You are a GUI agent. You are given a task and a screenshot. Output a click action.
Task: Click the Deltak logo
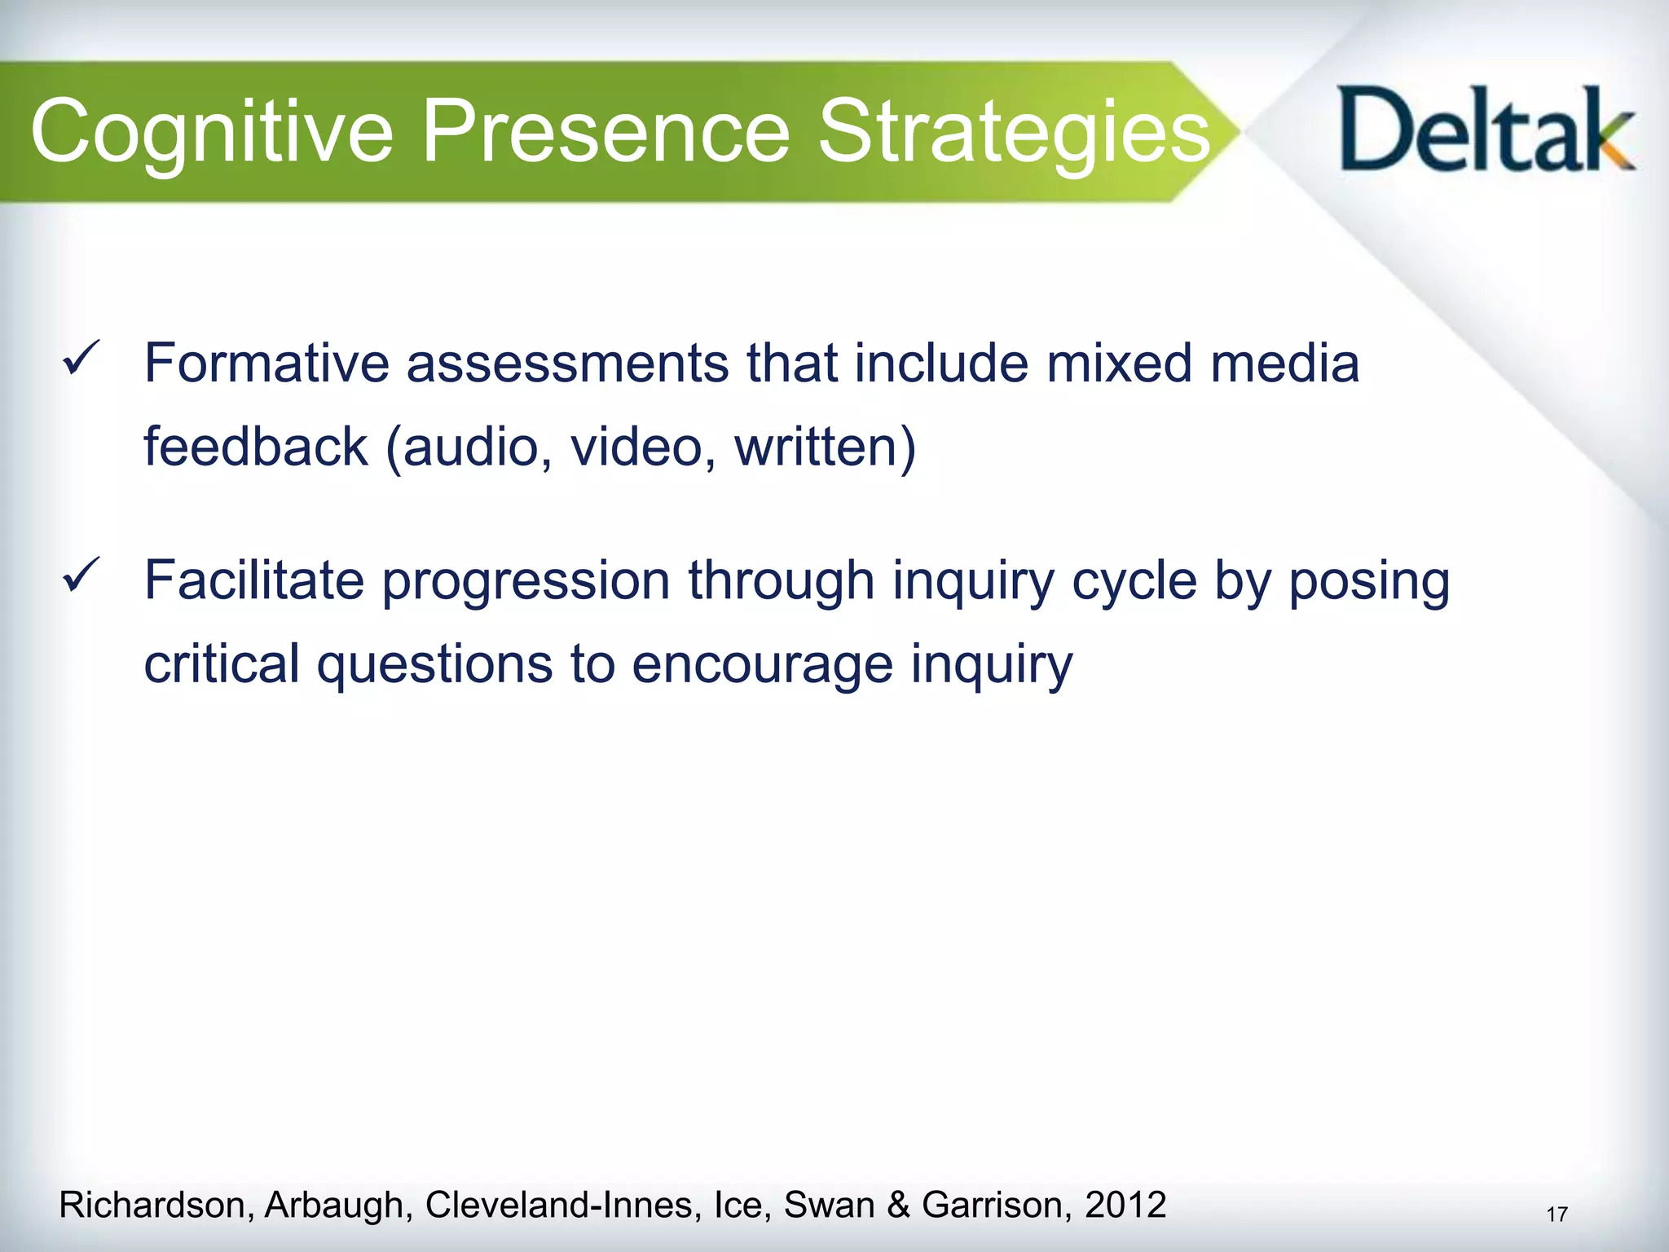1485,130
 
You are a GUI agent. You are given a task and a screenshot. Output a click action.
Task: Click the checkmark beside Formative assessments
81,359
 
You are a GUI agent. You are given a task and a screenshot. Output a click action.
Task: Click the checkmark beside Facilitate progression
81,575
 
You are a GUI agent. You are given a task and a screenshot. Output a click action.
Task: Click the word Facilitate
253,580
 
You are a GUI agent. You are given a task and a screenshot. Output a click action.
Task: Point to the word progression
526,580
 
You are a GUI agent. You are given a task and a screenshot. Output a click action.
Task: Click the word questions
434,664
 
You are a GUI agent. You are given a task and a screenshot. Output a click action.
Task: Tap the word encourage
762,664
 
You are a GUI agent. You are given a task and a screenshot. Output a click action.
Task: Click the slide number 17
1557,1215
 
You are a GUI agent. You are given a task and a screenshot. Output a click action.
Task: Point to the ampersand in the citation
899,1205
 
